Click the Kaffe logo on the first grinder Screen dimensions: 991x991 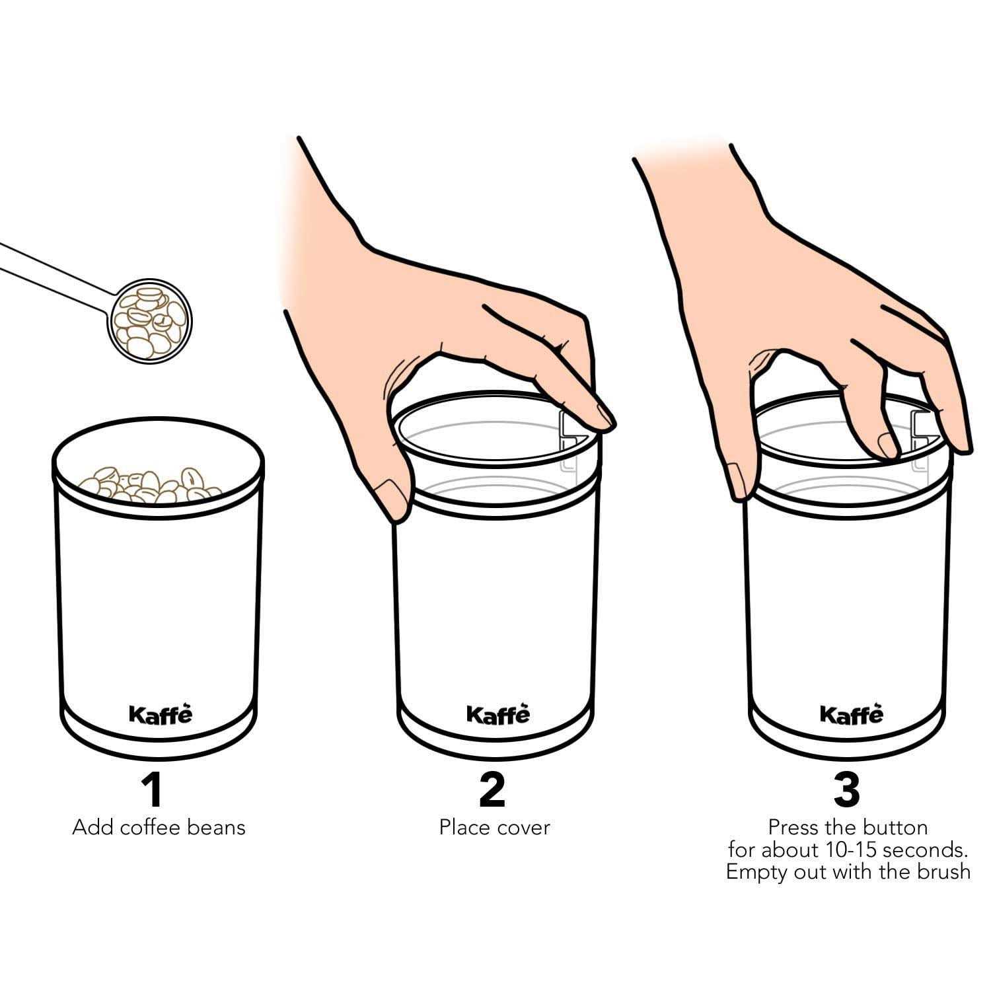(161, 714)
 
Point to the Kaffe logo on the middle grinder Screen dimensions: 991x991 (498, 714)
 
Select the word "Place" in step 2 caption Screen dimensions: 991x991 (464, 828)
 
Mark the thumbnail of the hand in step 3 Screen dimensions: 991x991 (735, 480)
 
